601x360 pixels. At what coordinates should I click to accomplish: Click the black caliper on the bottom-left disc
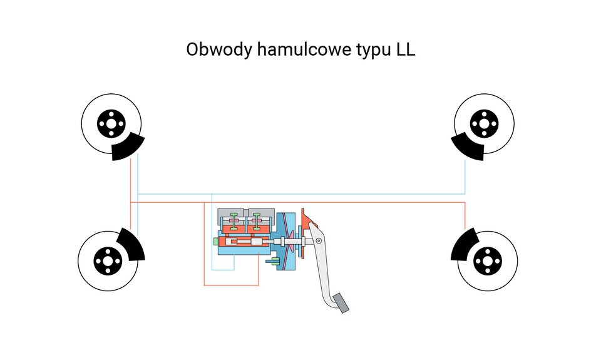(131, 244)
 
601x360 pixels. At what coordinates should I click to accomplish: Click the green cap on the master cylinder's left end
(215, 242)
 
